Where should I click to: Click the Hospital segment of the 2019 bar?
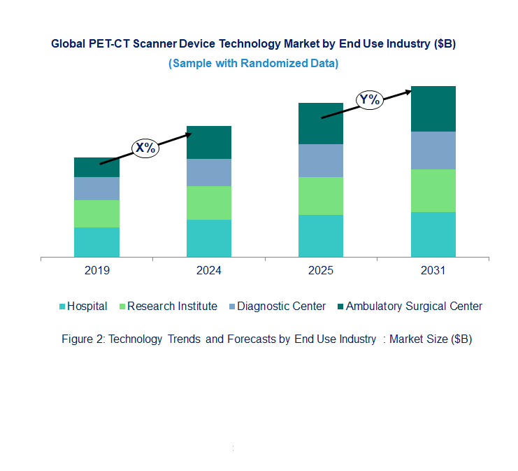[x=96, y=242]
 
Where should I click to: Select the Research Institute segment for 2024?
[x=208, y=203]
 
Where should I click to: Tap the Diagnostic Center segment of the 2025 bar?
[x=321, y=161]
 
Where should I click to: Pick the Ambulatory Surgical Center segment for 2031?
[x=433, y=108]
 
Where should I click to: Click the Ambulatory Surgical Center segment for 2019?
[x=96, y=167]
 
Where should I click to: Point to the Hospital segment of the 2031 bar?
[x=433, y=234]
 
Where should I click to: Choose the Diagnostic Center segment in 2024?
[x=208, y=172]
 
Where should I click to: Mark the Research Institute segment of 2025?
[x=321, y=196]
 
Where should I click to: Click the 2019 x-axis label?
[x=96, y=271]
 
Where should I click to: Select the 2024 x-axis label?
[x=208, y=271]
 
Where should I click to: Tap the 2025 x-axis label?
[x=321, y=271]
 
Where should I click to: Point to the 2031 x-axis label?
[x=433, y=271]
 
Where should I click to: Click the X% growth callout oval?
[x=145, y=148]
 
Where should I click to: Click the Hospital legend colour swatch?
[x=62, y=307]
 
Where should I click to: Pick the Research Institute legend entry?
[x=172, y=306]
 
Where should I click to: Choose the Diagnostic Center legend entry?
[x=281, y=306]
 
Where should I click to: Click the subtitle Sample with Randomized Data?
[x=254, y=63]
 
